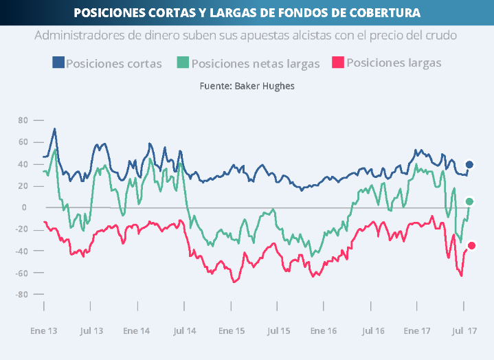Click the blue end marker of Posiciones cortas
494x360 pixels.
(470, 165)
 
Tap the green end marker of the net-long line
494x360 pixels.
(470, 201)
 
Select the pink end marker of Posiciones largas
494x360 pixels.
(471, 245)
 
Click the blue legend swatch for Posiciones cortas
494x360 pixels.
(58, 63)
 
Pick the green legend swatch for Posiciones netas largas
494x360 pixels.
(183, 63)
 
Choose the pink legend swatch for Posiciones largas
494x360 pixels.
(338, 63)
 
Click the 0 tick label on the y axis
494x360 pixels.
(24, 207)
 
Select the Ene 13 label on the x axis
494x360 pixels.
(43, 330)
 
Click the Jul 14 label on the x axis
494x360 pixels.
(186, 330)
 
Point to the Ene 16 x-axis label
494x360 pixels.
(324, 330)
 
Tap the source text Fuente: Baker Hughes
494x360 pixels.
(247, 86)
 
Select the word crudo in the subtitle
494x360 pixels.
(439, 34)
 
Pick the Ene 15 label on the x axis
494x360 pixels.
(232, 330)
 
